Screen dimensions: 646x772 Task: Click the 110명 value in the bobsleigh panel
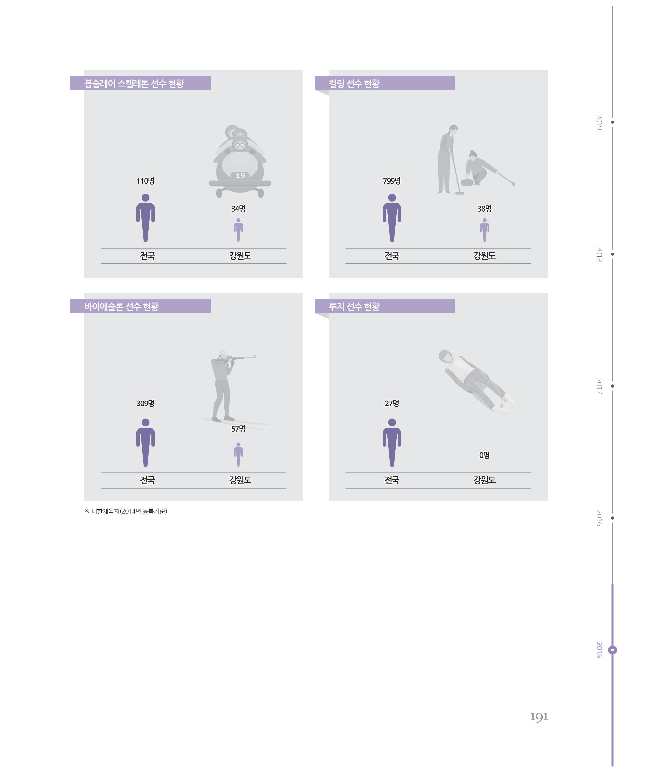(x=145, y=181)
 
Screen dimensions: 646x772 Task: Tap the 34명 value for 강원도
(x=238, y=209)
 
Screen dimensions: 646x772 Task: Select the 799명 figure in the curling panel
(x=392, y=181)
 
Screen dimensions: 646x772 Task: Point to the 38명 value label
(x=484, y=209)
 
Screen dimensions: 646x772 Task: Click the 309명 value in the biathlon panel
(x=145, y=403)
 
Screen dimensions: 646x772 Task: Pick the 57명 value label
(x=238, y=429)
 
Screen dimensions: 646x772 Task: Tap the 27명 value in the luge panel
(x=392, y=403)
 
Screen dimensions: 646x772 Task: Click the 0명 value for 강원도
(x=484, y=455)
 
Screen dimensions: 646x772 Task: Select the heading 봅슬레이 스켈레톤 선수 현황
(x=134, y=84)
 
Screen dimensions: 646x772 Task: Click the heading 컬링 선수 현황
(x=354, y=84)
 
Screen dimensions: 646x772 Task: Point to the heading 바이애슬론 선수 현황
(x=121, y=307)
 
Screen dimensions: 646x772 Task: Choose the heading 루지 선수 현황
(x=354, y=307)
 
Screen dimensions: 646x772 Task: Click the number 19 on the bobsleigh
(x=240, y=176)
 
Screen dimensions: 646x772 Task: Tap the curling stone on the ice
(x=467, y=182)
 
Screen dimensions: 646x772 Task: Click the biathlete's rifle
(x=239, y=357)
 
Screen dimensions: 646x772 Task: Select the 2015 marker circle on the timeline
(x=613, y=650)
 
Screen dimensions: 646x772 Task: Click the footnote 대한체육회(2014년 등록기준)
(x=129, y=511)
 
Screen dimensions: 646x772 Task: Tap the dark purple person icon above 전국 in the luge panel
(x=392, y=442)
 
